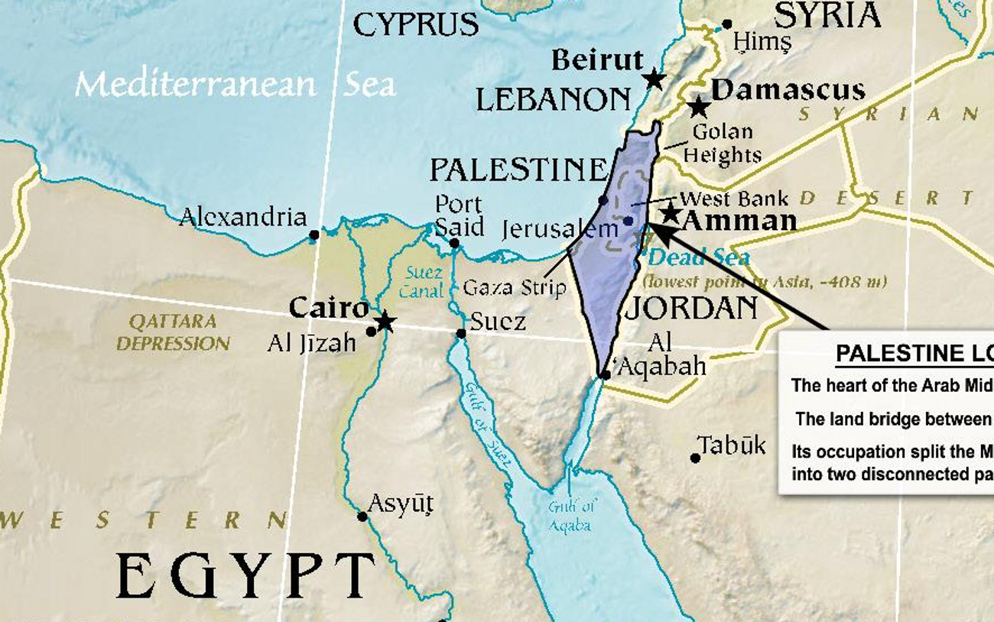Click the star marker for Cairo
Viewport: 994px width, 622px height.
click(385, 322)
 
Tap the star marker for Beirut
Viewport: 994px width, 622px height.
click(653, 79)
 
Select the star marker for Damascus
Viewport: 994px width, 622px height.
click(697, 107)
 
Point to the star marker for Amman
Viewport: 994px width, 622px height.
click(670, 213)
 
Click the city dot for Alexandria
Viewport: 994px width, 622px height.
click(313, 235)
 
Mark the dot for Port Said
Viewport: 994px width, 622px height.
click(454, 243)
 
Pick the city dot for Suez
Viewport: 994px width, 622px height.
click(461, 333)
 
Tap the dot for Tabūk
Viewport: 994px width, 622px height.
click(695, 458)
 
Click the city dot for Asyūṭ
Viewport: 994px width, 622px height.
click(362, 517)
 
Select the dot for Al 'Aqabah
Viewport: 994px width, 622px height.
click(605, 375)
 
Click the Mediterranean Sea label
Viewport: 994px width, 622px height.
click(235, 84)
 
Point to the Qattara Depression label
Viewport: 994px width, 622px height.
click(173, 332)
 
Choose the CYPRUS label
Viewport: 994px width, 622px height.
click(415, 25)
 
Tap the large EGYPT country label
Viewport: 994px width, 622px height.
click(245, 576)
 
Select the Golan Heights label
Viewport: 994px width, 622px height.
click(722, 144)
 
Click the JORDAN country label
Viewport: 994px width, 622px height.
click(691, 308)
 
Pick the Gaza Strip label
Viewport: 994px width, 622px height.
click(514, 288)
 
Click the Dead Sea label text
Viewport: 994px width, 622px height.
click(698, 258)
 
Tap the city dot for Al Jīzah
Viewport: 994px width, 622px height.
click(371, 331)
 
